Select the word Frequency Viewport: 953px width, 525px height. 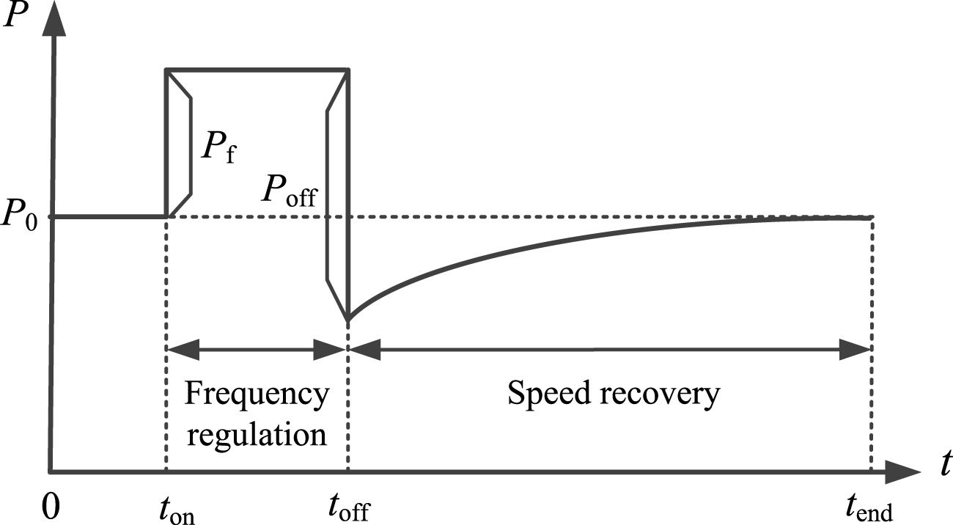[256, 395]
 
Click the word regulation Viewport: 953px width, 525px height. [257, 434]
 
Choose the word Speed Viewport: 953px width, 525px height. [550, 395]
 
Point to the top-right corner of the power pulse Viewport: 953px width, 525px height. [347, 70]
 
